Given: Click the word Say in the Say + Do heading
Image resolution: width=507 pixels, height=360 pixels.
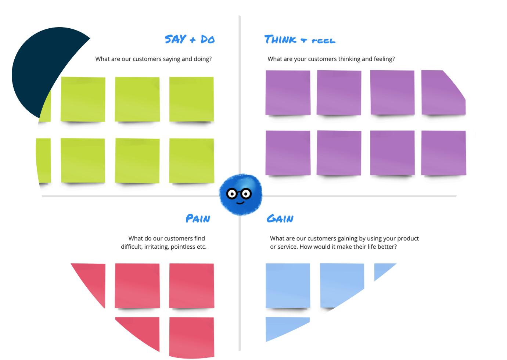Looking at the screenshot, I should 175,39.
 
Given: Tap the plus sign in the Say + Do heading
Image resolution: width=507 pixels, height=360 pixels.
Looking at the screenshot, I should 193,40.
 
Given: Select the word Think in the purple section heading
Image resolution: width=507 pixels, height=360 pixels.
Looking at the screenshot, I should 280,39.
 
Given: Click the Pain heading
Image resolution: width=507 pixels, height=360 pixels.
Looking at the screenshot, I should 198,219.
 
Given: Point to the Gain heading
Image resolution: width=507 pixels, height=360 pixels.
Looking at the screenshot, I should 280,219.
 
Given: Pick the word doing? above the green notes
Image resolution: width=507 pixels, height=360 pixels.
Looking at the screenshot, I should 202,59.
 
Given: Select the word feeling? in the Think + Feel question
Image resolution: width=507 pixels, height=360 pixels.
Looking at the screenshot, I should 384,59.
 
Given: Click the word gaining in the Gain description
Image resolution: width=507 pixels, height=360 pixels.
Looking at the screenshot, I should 348,239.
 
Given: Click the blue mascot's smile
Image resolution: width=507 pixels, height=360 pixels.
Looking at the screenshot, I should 240,202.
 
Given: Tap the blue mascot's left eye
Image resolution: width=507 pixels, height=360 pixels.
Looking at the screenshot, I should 232,194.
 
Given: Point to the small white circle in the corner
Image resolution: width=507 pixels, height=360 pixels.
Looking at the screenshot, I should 470,22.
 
